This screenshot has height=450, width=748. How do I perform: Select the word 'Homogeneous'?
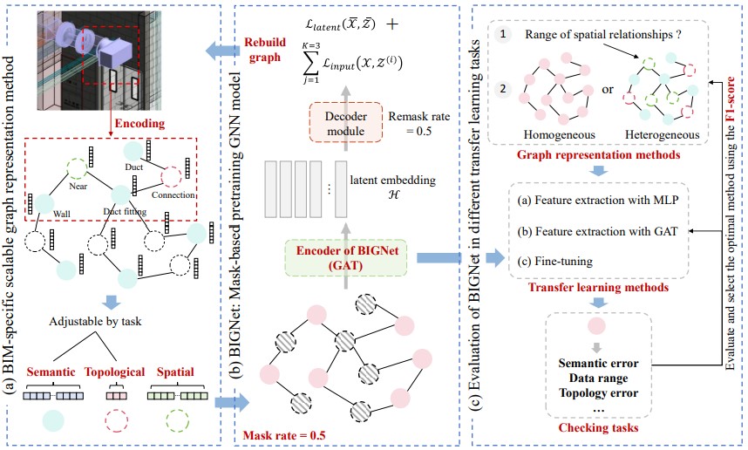(x=558, y=135)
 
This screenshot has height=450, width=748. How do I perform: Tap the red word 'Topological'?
(x=115, y=372)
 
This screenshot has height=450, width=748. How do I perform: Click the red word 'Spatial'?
(x=178, y=372)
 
